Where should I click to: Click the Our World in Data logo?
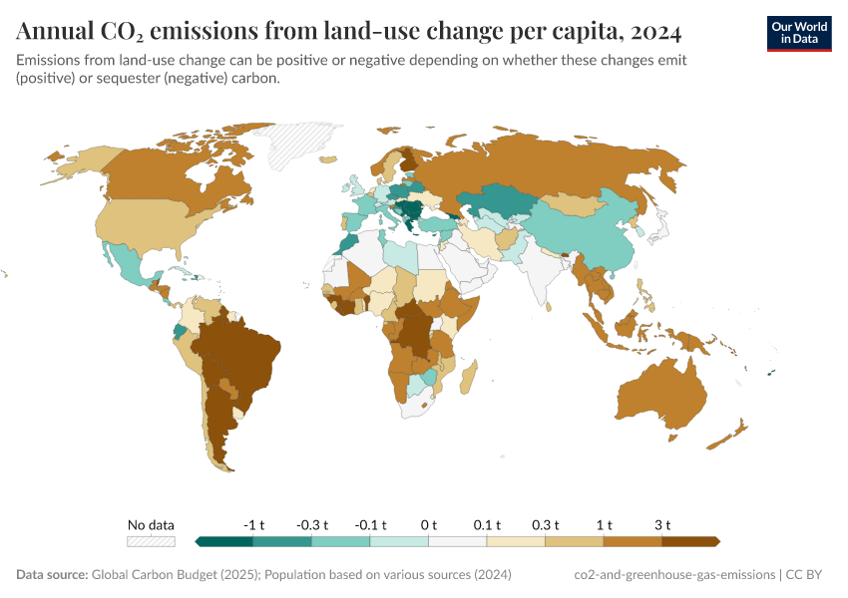pyautogui.click(x=798, y=33)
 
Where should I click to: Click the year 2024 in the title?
pyautogui.click(x=656, y=32)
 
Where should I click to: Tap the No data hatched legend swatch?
pyautogui.click(x=151, y=541)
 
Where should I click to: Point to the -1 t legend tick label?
pyautogui.click(x=253, y=524)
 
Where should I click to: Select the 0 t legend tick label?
pyautogui.click(x=429, y=524)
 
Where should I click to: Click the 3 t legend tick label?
pyautogui.click(x=662, y=524)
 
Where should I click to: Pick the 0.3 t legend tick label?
pyautogui.click(x=546, y=524)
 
